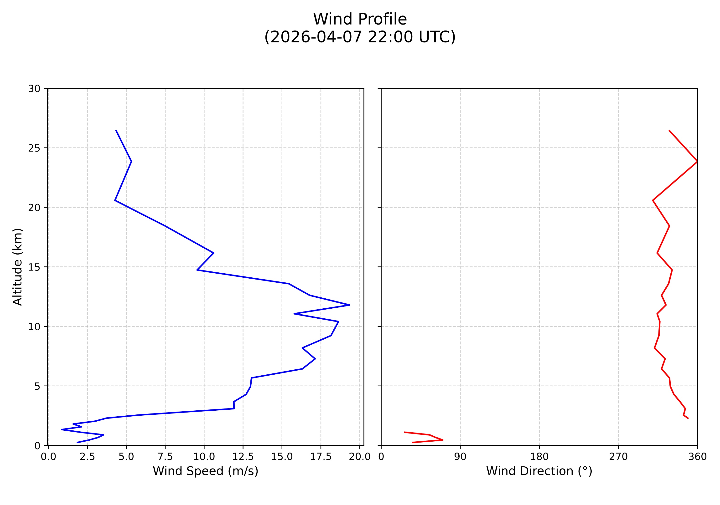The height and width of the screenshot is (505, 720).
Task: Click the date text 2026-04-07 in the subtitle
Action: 315,37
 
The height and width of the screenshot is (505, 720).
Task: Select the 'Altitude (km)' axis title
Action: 18,267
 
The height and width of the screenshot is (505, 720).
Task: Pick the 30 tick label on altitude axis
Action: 34,89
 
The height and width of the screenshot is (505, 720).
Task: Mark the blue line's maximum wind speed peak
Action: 349,305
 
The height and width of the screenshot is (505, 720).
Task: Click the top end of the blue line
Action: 116,130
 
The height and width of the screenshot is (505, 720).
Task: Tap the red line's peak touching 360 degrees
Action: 697,161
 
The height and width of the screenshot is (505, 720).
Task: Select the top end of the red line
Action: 669,130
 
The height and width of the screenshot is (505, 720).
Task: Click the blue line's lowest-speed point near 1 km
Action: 62,429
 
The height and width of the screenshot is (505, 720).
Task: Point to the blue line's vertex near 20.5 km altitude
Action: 115,200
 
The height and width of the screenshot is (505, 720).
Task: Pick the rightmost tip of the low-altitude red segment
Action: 443,440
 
